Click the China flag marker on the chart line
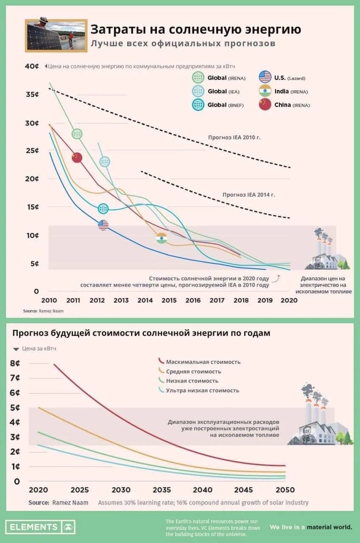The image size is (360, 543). [x=77, y=157]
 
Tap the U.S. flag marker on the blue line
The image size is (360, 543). [x=103, y=225]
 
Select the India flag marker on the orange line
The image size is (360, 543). [x=162, y=238]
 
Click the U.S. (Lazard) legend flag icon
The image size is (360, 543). [x=265, y=77]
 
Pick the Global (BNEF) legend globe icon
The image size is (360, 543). [x=198, y=104]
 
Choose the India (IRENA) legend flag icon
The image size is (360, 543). [x=265, y=91]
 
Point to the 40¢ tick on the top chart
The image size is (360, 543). [x=32, y=66]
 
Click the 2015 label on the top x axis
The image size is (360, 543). [x=169, y=300]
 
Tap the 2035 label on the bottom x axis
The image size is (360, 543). [x=162, y=490]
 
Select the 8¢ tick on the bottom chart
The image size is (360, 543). [x=15, y=363]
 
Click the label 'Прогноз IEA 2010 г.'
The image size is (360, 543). [x=234, y=137]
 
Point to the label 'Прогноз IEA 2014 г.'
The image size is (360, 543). [x=248, y=195]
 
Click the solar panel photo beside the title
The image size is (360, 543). [x=56, y=35]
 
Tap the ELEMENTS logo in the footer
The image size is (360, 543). [x=40, y=527]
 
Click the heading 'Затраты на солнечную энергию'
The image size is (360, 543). [x=195, y=29]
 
